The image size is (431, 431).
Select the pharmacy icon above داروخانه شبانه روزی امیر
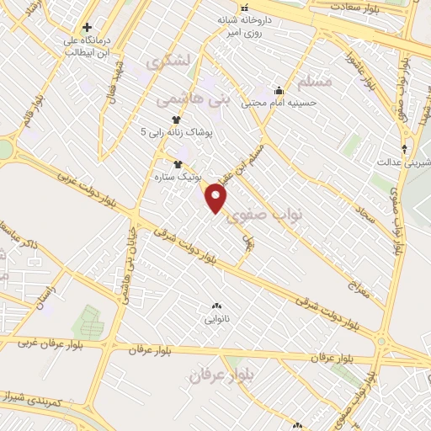[246, 8]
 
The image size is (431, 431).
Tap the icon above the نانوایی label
[216, 306]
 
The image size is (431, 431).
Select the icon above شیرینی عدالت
[405, 149]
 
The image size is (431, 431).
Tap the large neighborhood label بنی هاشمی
[193, 99]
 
